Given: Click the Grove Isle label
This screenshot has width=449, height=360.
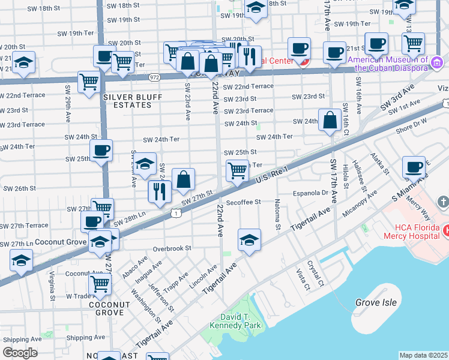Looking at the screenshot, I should (x=376, y=302).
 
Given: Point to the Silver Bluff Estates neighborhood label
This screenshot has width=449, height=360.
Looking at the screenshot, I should (x=126, y=101).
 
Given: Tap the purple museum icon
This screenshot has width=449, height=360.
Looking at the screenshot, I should (x=437, y=62).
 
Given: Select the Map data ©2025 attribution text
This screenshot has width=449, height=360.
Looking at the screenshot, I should (x=423, y=355).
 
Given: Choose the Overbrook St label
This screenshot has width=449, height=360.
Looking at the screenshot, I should (x=172, y=248).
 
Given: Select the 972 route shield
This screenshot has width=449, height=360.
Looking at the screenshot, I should (x=155, y=77).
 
